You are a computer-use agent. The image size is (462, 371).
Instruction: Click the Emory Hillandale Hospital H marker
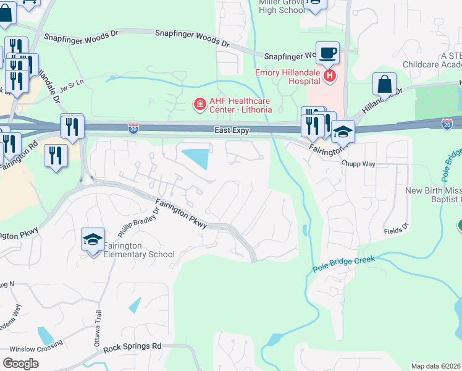[330, 76]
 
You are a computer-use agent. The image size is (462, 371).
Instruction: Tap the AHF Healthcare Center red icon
[199, 104]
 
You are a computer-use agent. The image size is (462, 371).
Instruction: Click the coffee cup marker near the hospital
[327, 53]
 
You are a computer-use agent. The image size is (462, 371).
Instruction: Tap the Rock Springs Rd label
[132, 347]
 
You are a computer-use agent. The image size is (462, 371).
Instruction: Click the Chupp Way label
[359, 163]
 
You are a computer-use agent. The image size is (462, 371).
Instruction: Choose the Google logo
[20, 363]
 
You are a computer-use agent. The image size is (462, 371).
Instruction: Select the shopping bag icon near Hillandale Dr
[384, 85]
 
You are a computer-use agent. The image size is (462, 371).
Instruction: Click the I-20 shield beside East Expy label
[133, 128]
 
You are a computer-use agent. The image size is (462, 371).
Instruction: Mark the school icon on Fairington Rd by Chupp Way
[343, 132]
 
